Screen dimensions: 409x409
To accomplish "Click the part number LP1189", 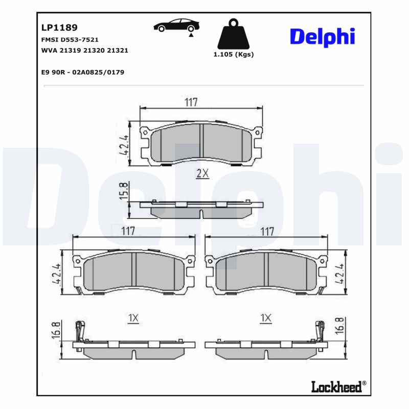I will click(59, 28).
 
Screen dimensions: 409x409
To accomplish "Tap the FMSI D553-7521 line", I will click(70, 39).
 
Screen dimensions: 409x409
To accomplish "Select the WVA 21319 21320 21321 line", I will click(84, 51).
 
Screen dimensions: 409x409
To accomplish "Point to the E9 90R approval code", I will click(82, 73).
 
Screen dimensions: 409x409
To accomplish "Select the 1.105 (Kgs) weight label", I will click(233, 55).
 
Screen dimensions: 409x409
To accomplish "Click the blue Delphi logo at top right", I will click(322, 37).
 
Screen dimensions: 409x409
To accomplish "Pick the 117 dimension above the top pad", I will click(191, 102).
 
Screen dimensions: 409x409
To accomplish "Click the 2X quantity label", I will click(203, 174).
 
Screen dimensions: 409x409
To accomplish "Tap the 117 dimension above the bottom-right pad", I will click(267, 231).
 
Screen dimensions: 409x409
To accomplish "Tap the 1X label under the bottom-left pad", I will click(133, 318).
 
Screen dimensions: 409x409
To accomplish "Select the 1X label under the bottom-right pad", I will click(265, 318).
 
